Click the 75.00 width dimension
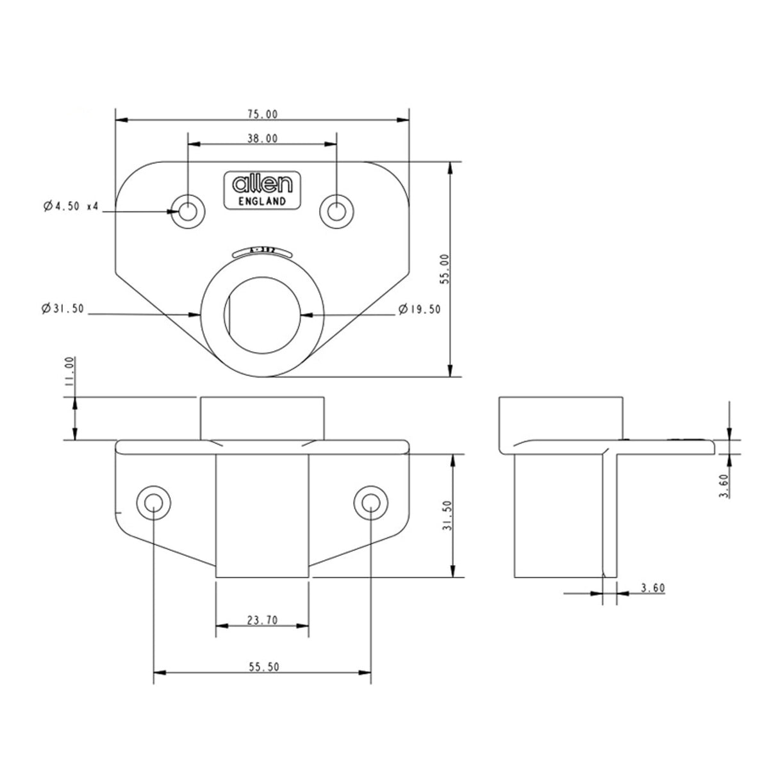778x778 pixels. tap(263, 114)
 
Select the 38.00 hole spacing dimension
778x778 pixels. tap(263, 138)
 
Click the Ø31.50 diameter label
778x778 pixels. tap(62, 309)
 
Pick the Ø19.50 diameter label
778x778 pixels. tap(419, 309)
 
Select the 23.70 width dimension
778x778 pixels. tap(263, 620)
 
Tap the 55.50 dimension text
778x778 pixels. tap(263, 667)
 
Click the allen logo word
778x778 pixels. tap(263, 185)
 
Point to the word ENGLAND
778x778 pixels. tap(262, 201)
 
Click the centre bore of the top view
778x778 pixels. tap(263, 314)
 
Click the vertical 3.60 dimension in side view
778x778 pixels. tap(724, 486)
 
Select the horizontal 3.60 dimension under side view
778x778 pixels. tap(652, 588)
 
